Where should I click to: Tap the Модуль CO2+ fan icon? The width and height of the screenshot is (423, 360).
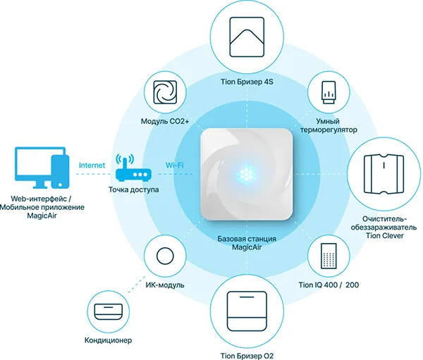166,94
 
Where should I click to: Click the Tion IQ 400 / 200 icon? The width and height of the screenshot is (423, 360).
326,255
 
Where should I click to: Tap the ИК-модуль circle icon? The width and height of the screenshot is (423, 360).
166,255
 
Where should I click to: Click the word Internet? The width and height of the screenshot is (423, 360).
92,166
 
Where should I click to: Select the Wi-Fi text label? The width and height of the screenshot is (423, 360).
174,166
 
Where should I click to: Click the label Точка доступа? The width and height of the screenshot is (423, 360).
134,190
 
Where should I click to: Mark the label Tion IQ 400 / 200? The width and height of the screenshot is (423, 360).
326,284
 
